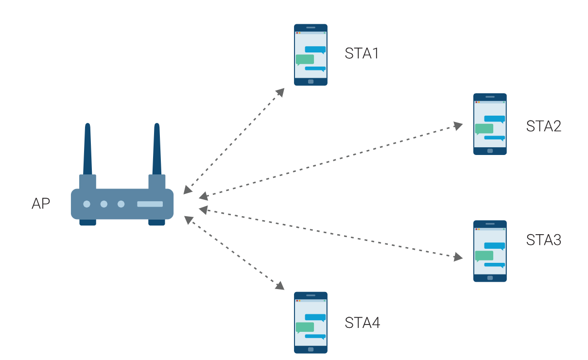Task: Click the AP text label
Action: tap(41, 204)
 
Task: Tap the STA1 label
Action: tap(362, 53)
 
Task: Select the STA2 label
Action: tap(544, 126)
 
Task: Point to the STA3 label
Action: tap(544, 240)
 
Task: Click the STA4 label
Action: tap(362, 323)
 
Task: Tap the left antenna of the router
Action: tap(87, 149)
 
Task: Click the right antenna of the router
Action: tap(157, 149)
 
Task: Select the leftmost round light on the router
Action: tap(86, 204)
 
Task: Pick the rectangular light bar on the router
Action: tap(150, 204)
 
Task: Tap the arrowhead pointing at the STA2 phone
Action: tap(458, 126)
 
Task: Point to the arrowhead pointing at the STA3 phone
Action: tap(458, 257)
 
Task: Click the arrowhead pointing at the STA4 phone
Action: tap(280, 286)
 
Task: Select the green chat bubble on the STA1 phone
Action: tap(305, 60)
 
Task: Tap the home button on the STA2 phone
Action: tap(490, 151)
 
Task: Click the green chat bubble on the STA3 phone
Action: tap(484, 256)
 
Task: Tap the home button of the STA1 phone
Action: tap(311, 82)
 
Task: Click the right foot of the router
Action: tap(156, 222)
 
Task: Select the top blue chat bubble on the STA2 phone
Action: tap(495, 119)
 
